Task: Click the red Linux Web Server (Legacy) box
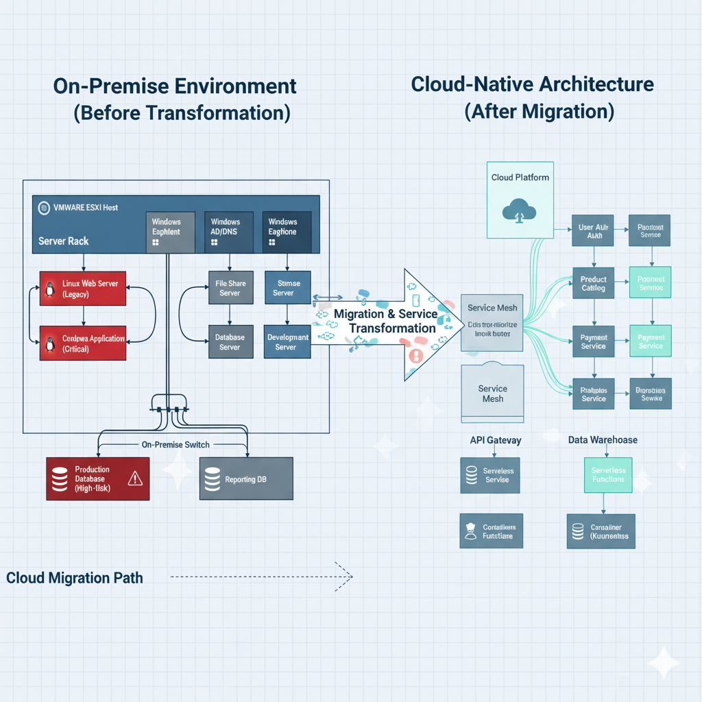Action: click(x=84, y=289)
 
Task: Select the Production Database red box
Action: click(x=97, y=479)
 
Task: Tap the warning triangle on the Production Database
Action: click(x=135, y=478)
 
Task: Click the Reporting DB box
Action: click(x=245, y=478)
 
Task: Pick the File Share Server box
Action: click(x=230, y=288)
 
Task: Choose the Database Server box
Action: click(x=230, y=341)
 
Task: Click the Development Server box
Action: click(x=287, y=341)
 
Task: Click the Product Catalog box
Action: click(x=593, y=283)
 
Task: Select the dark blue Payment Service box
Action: click(x=593, y=341)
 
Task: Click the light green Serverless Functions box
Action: click(x=608, y=474)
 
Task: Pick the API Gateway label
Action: click(x=494, y=440)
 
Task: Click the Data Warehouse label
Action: click(x=603, y=440)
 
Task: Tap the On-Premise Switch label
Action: click(x=176, y=444)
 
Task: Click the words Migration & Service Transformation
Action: click(x=385, y=320)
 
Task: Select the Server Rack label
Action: click(x=64, y=241)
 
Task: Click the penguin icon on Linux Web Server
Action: click(x=50, y=289)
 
